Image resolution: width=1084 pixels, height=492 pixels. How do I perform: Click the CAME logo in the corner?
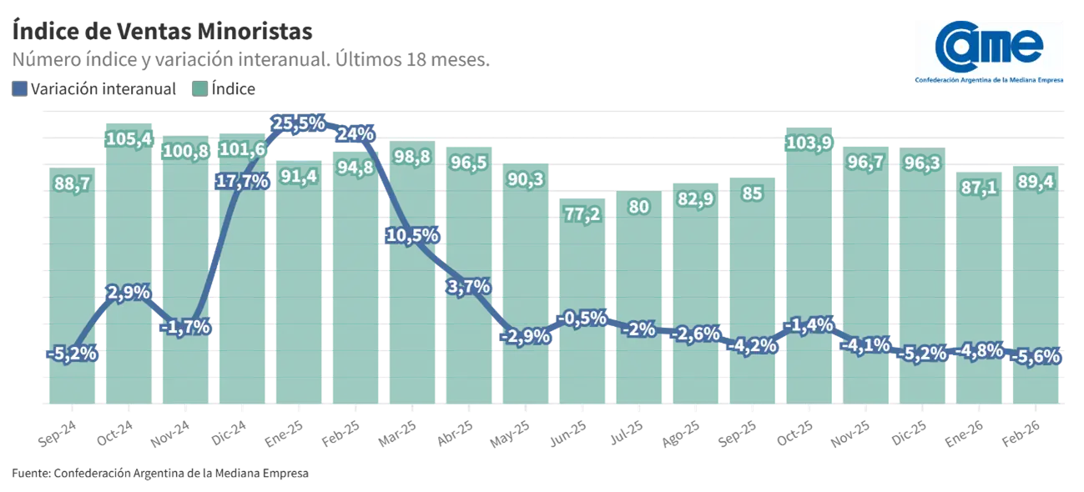tap(991, 53)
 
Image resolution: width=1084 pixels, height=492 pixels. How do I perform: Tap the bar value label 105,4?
tap(129, 138)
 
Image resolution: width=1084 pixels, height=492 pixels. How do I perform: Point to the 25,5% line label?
tap(299, 123)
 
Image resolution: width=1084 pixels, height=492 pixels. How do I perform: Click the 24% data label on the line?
tap(355, 133)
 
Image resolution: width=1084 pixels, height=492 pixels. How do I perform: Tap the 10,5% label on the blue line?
tap(412, 235)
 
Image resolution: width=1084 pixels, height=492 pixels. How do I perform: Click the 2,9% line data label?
tap(129, 293)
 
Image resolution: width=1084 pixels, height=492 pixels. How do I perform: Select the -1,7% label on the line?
tap(185, 326)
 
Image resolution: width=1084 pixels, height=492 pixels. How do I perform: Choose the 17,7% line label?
tap(242, 181)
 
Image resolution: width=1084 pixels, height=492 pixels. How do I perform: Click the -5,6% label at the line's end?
tap(1035, 356)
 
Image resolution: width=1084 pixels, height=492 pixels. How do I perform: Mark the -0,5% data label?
tap(582, 318)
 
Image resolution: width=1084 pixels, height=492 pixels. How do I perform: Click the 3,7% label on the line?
tap(468, 287)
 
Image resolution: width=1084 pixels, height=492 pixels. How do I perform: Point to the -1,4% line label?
tap(808, 325)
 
